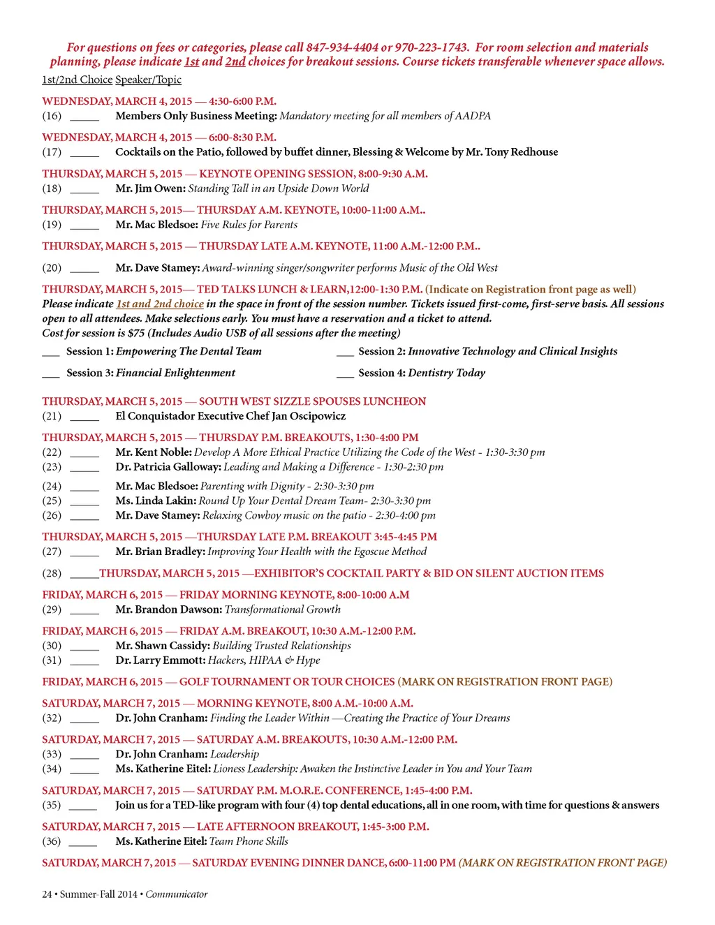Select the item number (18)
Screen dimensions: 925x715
(x=52, y=188)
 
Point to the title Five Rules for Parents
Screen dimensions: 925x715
(x=249, y=225)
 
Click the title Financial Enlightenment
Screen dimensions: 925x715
(x=175, y=373)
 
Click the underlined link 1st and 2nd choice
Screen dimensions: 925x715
(x=160, y=304)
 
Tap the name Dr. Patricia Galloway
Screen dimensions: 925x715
(x=168, y=467)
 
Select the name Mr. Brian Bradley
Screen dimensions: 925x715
(x=160, y=552)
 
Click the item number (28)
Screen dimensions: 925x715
(x=52, y=573)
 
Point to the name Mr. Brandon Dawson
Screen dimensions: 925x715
(x=168, y=609)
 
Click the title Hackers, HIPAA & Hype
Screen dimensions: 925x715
(x=264, y=660)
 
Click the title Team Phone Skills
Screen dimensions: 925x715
(x=249, y=842)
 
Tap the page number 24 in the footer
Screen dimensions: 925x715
(x=47, y=894)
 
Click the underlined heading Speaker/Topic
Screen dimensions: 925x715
(x=148, y=80)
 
